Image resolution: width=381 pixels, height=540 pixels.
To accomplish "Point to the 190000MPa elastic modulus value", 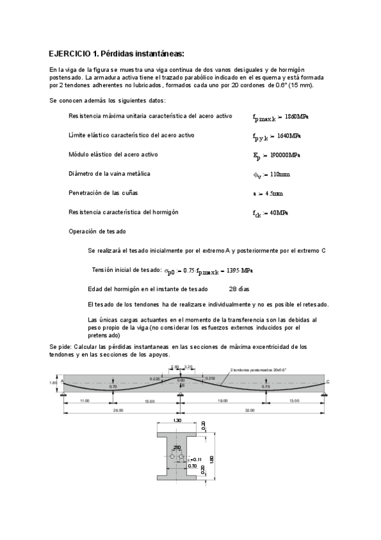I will tap(282, 155).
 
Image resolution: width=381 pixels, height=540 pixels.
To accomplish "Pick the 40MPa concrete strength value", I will tap(276, 212).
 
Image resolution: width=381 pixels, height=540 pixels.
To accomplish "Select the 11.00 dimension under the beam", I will tap(84, 401).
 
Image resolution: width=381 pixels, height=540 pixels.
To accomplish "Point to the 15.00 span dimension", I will tap(149, 401).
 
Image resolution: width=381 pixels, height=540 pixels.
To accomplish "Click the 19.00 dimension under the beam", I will tap(222, 401).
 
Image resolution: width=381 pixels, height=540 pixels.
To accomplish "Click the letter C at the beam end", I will tap(327, 381).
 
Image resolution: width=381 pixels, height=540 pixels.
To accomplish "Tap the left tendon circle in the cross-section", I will tap(171, 457).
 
